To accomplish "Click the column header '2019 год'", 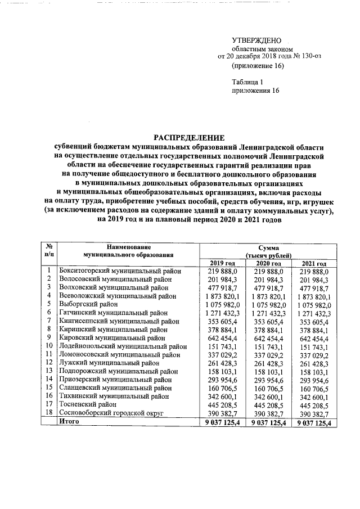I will click(222, 264).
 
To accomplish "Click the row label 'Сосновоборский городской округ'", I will click(111, 413).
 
